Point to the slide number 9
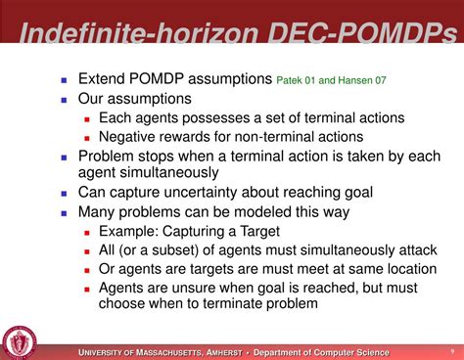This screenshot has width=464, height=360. coord(450,352)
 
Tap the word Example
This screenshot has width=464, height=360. coord(131,231)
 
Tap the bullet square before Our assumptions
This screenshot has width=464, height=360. coord(65,99)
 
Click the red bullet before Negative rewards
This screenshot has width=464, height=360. coord(87,138)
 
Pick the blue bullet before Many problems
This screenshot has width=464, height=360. coord(65,212)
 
